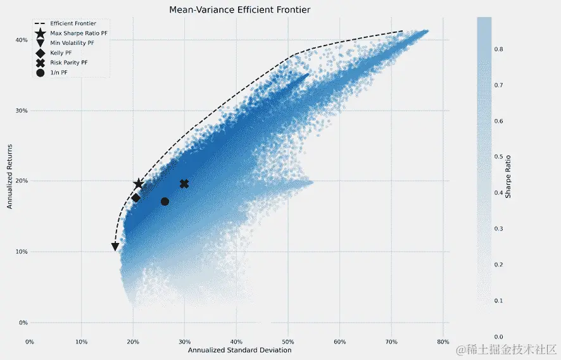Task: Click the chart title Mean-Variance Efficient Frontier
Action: pos(240,10)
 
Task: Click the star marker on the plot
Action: pos(139,184)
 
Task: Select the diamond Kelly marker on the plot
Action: pos(136,198)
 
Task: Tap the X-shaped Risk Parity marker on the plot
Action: pos(184,184)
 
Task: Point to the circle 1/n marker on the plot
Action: pos(165,202)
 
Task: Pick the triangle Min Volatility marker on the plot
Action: pos(115,247)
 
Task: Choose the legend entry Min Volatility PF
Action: pos(72,42)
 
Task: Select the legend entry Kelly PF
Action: pos(61,53)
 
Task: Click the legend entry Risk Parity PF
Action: pos(68,63)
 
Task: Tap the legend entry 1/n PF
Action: pos(59,73)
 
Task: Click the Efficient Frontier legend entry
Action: pos(73,23)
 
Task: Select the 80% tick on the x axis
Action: pos(443,342)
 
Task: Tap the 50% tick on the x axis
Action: pos(288,342)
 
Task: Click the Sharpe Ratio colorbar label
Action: pos(508,175)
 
